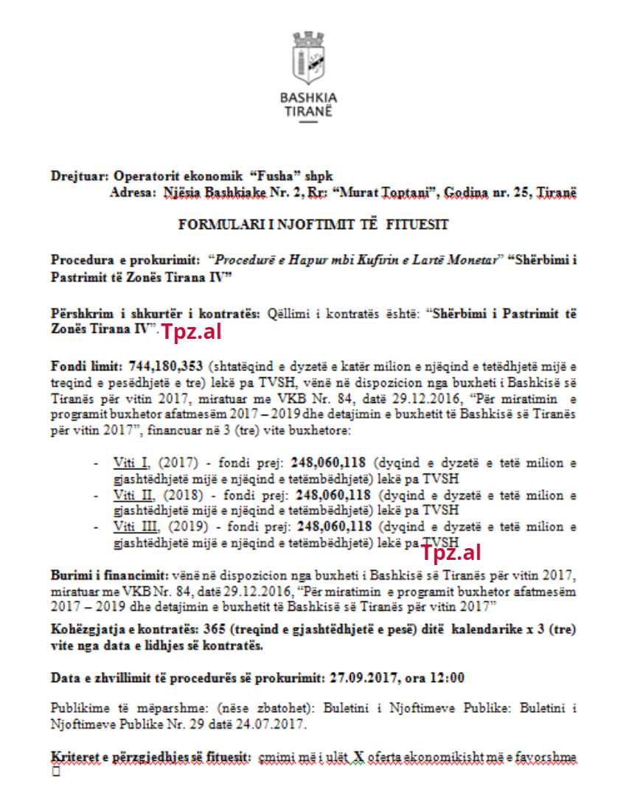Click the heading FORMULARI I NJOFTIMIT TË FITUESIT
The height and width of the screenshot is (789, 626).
point(313,224)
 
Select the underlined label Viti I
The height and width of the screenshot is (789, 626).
point(131,463)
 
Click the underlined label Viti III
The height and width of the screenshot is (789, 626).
point(135,527)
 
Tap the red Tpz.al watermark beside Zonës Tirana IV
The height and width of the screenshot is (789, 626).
point(191,332)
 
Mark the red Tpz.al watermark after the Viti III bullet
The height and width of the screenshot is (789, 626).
point(451,553)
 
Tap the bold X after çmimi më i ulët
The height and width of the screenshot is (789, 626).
point(358,758)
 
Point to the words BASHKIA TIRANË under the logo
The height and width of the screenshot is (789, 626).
point(309,104)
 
